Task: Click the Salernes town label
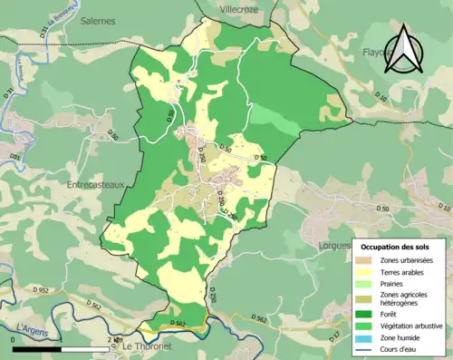coord(98,20)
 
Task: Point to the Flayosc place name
coord(381,52)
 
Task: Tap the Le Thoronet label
coord(144,346)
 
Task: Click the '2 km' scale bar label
coord(112,340)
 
